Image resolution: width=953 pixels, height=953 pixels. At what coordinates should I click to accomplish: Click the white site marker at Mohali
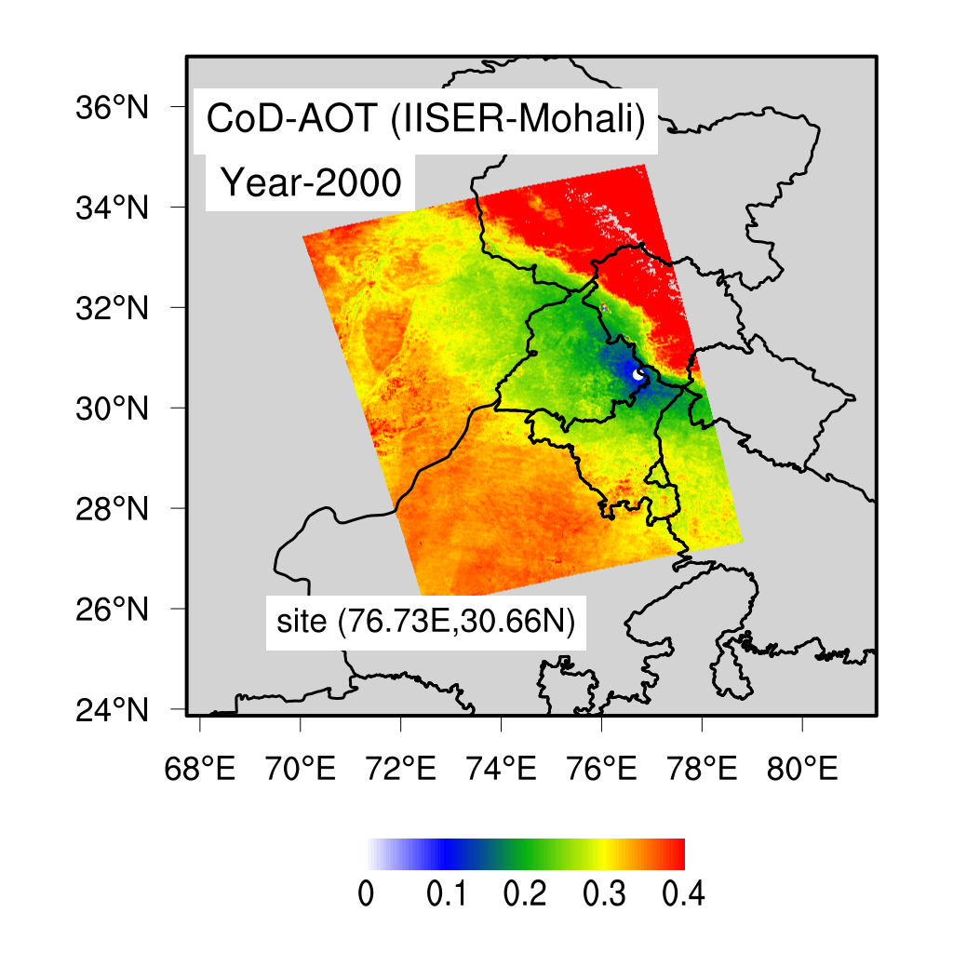point(638,374)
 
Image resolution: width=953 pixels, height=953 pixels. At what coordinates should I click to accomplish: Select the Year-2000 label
point(310,183)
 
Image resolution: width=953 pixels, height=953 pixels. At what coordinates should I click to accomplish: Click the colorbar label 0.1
point(447,896)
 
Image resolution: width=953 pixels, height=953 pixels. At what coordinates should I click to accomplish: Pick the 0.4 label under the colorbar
point(683,896)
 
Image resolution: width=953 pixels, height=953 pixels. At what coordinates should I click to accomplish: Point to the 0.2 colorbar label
point(525,896)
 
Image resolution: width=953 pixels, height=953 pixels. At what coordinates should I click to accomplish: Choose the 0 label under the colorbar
point(367,896)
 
